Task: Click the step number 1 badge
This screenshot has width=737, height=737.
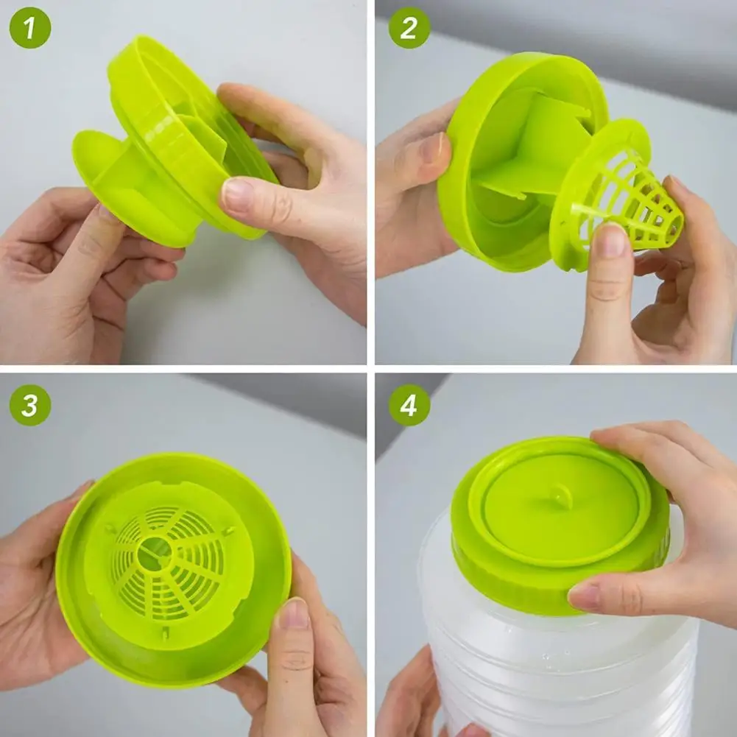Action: pyautogui.click(x=29, y=28)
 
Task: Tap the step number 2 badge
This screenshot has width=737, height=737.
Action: pyautogui.click(x=409, y=28)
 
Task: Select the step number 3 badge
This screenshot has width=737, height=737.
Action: pyautogui.click(x=29, y=405)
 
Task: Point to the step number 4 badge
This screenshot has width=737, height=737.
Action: pyautogui.click(x=409, y=405)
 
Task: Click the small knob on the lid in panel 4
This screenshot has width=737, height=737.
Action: pyautogui.click(x=561, y=497)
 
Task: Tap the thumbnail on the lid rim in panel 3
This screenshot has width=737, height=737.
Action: pyautogui.click(x=294, y=613)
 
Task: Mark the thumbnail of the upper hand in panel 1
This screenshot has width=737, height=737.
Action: pyautogui.click(x=237, y=195)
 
